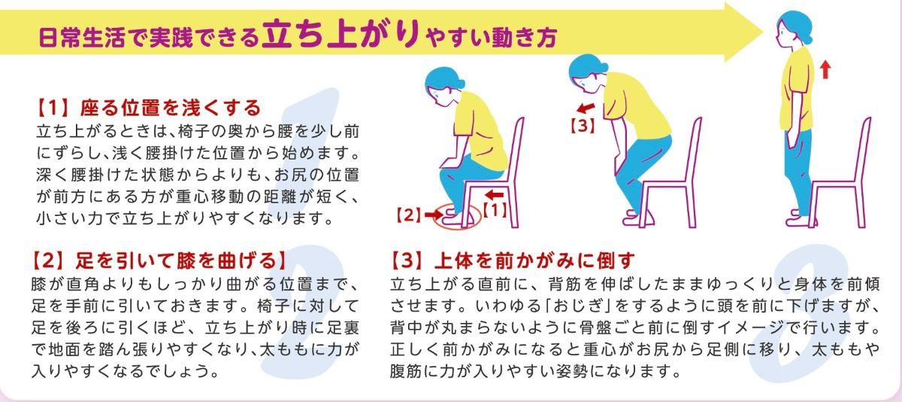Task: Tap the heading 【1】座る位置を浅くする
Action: pos(149,108)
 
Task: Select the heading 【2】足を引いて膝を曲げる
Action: pos(159,260)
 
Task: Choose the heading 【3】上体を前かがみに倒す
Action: pos(513,260)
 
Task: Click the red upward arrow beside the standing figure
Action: pos(825,69)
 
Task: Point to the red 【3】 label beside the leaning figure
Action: pos(583,126)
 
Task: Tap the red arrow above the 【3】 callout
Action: pos(586,108)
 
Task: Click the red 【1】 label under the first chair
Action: pos(495,210)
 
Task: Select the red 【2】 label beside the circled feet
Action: pos(409,215)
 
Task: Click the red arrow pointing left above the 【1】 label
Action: pos(495,195)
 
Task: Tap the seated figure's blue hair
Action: pos(443,78)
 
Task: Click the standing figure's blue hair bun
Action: pos(804,37)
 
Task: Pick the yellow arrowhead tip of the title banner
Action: pos(762,32)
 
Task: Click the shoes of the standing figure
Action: pos(801,218)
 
